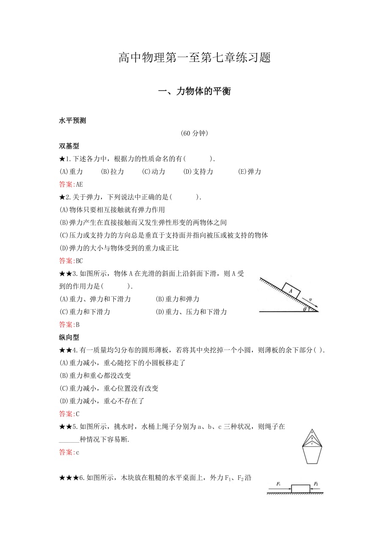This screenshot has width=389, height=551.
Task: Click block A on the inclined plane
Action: pos(290,291)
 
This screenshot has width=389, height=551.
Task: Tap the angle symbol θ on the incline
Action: pos(305,309)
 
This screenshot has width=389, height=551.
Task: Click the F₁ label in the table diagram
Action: pos(279,483)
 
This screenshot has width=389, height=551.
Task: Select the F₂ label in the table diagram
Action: pos(316,483)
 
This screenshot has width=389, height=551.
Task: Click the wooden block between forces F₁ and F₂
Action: pos(300,489)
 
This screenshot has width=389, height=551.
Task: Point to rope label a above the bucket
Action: pos(312,432)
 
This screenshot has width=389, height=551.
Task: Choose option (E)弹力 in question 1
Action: pos(249,171)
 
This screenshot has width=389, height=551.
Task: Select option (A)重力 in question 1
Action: pos(71,171)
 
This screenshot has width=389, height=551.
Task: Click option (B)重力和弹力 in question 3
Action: pos(178,299)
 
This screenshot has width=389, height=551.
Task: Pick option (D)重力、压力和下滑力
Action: pos(191,312)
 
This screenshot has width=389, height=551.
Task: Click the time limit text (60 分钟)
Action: pos(194,133)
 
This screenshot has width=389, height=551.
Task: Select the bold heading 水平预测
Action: pos(72,121)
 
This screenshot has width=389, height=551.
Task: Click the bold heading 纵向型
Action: pos(69,337)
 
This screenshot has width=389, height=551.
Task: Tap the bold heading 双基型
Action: pos(69,146)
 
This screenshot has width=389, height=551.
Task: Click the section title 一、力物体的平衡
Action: pos(194,91)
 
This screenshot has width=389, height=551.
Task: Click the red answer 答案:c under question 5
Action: pos(69,452)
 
